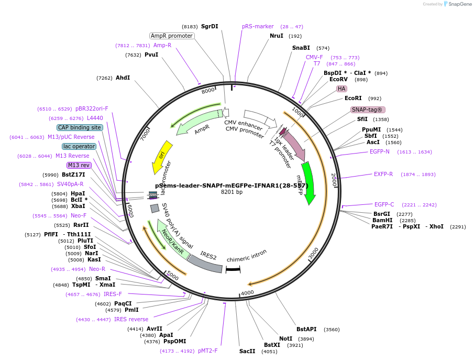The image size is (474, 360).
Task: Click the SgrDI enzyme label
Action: click(210, 26)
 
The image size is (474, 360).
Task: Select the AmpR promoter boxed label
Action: click(172, 36)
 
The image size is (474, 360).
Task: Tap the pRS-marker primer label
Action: click(258, 26)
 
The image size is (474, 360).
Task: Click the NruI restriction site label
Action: click(276, 36)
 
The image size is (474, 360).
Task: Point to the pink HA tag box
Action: click(341, 89)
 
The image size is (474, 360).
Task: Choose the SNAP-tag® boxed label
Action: click(368, 110)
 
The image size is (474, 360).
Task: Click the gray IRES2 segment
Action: click(205, 264)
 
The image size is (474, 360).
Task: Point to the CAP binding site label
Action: click(80, 127)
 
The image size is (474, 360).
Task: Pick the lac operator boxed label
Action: click(79, 146)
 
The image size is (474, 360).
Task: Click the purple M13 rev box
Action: click(79, 165)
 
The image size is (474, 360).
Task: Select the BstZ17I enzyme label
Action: click(73, 174)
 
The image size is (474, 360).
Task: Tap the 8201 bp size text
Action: click(232, 192)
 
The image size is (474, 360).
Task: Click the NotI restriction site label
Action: click(285, 339)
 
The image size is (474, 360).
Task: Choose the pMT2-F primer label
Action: click(207, 351)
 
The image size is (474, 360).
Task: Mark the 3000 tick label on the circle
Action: click(313, 254)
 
